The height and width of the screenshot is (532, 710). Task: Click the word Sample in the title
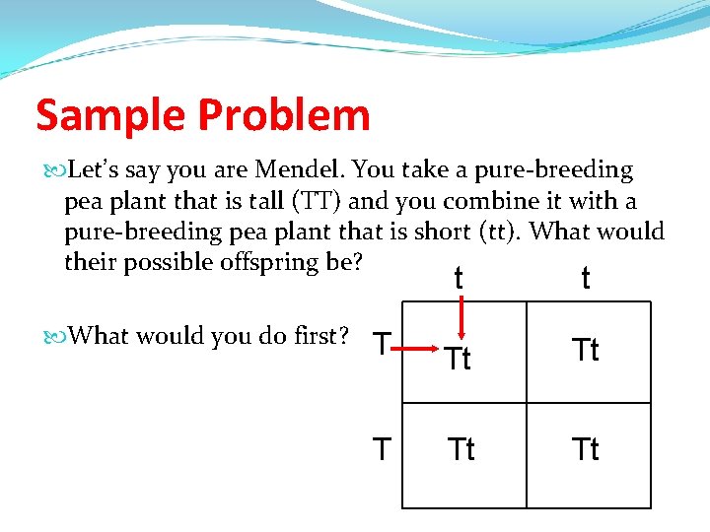point(108,116)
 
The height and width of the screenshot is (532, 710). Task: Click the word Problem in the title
point(284,116)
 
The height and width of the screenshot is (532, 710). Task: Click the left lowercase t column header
point(459,279)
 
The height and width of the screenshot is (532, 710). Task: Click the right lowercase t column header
point(586,279)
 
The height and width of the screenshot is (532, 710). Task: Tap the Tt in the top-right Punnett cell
point(586,350)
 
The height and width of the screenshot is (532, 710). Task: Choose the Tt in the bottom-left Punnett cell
point(461,449)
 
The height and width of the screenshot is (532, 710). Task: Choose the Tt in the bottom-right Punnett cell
point(586,449)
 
